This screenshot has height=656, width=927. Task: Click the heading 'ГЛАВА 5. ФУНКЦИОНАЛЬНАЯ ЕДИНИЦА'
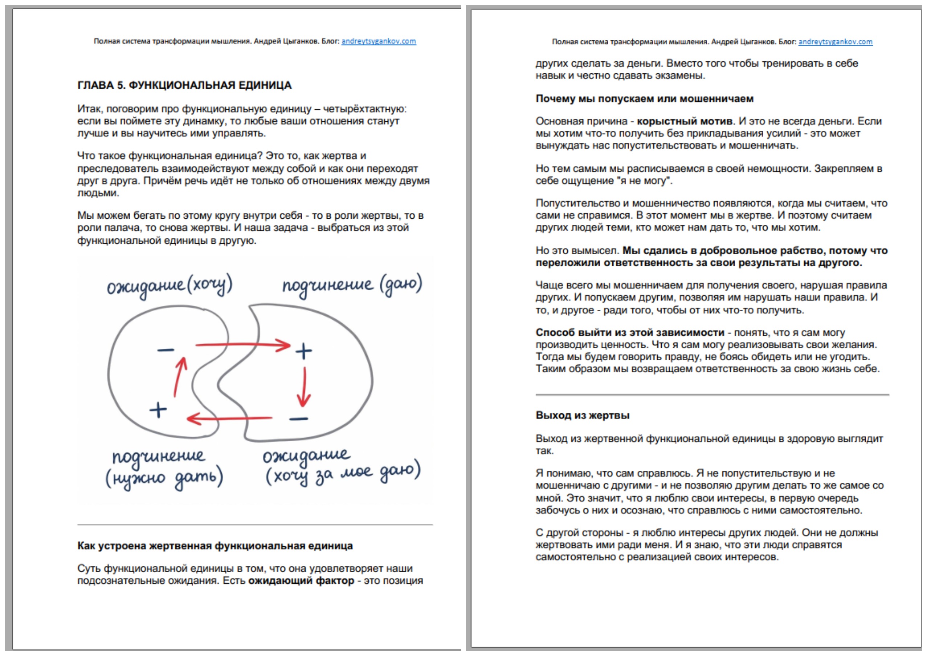coord(184,85)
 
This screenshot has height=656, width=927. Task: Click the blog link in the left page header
coord(378,41)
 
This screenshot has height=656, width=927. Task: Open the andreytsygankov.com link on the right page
coord(835,42)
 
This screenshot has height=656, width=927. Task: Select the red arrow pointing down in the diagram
coord(304,386)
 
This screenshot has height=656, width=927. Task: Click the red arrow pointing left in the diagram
coord(229,418)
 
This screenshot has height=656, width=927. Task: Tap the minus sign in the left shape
coord(166,350)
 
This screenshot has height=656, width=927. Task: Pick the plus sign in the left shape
coord(158,410)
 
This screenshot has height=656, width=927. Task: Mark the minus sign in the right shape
coord(299,419)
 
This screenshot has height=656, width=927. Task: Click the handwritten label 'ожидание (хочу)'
coord(170,286)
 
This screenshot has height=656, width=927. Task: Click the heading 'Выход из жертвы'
coord(582,415)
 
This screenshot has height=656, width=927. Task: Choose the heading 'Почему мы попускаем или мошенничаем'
coord(644,98)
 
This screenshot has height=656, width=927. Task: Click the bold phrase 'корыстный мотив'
coord(684,121)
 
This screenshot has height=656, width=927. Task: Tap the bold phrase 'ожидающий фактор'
coord(301,580)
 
